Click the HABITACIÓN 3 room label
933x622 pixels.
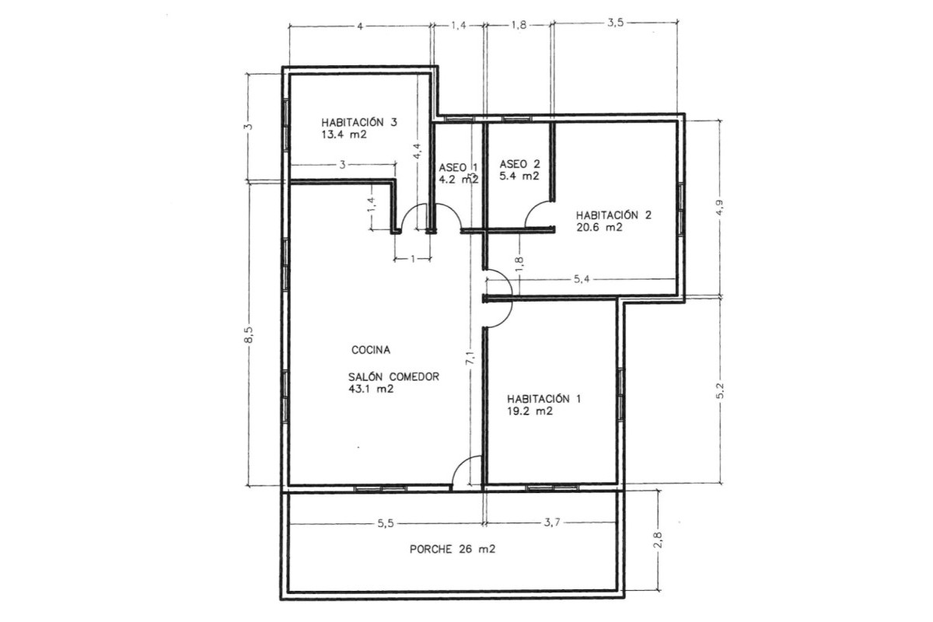(359, 122)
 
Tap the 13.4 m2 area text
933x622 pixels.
(343, 135)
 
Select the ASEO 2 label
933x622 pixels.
(519, 164)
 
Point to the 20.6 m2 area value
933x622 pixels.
(599, 228)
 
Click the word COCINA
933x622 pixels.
(371, 350)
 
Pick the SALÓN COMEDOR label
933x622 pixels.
(394, 376)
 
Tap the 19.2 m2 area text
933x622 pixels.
(529, 412)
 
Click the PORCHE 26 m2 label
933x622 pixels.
(453, 549)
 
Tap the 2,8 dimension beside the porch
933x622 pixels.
(658, 539)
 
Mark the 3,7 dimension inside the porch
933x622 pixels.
(552, 523)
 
